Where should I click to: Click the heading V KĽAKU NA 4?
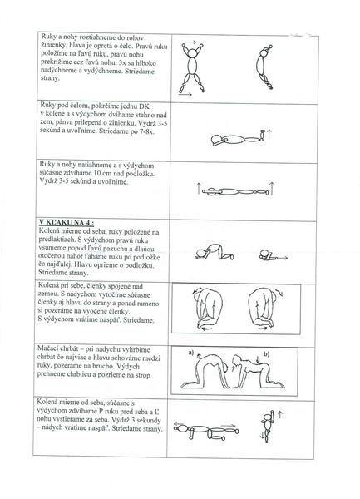67,222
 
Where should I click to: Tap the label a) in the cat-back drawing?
191,353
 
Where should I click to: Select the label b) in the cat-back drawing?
266,353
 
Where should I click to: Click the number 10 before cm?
96,174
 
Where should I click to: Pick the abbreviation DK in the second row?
144,106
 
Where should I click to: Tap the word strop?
142,375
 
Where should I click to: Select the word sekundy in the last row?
148,420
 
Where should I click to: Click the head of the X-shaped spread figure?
192,52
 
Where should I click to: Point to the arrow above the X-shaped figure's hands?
190,42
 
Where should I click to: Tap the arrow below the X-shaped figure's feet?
185,94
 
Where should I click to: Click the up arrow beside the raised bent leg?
269,135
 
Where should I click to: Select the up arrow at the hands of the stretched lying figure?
199,189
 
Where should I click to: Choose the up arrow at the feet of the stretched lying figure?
272,188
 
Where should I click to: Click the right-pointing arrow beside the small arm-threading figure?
284,258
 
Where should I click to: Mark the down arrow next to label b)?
257,358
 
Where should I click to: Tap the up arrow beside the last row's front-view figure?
280,415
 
